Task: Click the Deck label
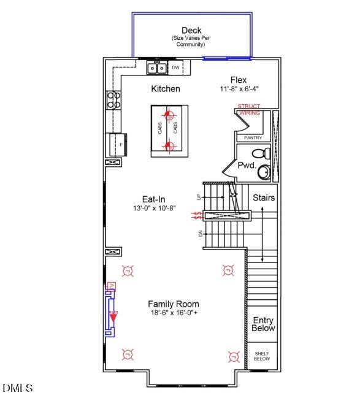pos(191,31)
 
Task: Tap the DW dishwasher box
pos(175,67)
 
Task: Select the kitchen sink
pos(156,67)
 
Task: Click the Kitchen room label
pos(166,89)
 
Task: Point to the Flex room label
pos(238,80)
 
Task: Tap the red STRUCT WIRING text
pos(249,110)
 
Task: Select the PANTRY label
pos(253,138)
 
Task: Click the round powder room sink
pos(264,172)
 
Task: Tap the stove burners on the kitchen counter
pos(113,100)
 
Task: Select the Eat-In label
pos(153,199)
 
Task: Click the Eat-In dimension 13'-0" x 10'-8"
pos(155,209)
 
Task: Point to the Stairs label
pos(264,198)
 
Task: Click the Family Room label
pos(174,304)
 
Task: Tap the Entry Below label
pos(263,324)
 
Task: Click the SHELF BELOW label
pos(262,356)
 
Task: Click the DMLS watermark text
pos(18,388)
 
